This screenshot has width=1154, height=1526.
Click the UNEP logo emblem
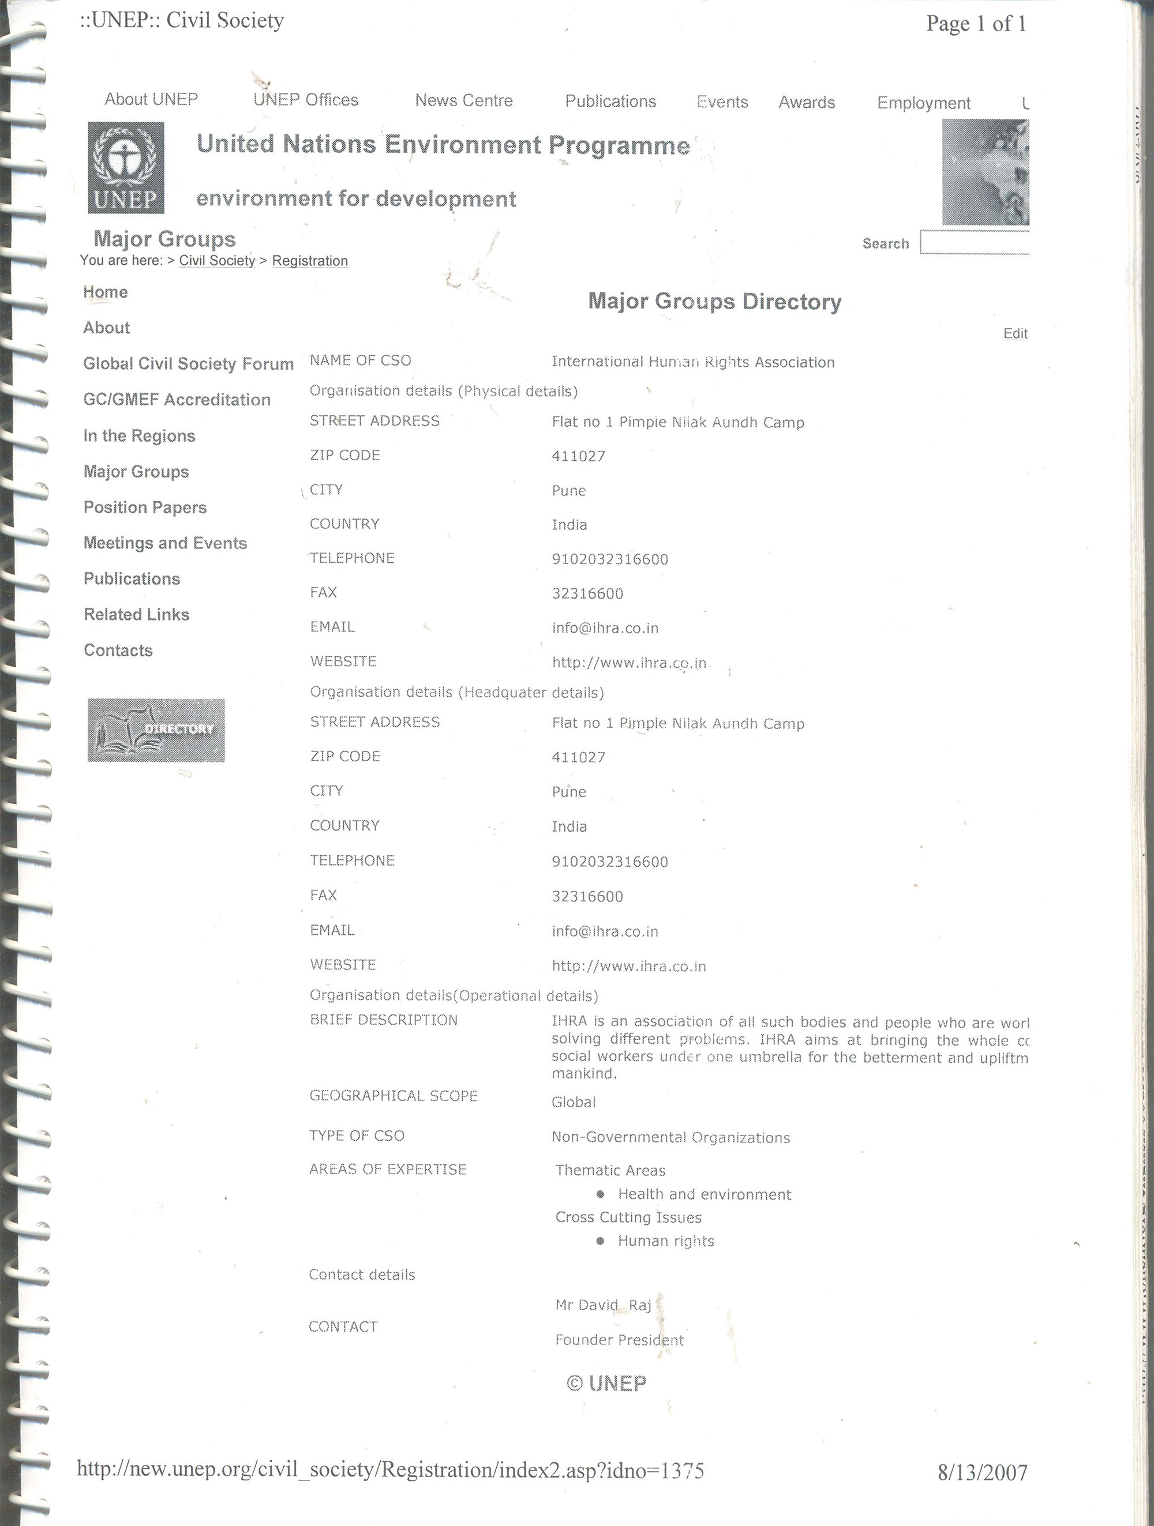(126, 168)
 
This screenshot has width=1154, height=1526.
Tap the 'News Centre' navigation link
(464, 101)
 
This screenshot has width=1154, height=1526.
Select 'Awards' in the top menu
(806, 103)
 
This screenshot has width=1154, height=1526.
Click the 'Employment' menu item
(923, 103)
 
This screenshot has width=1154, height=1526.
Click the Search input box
(975, 243)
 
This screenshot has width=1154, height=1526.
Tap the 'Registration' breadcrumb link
(310, 261)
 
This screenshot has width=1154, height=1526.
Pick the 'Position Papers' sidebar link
(145, 507)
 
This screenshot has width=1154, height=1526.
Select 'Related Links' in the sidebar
(136, 614)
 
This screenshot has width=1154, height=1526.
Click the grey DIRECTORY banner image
(156, 730)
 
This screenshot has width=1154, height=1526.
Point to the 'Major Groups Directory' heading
(714, 302)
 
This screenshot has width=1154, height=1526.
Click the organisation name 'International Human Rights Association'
(693, 362)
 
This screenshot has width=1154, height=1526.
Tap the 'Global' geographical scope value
(574, 1102)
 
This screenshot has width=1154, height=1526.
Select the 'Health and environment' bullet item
(704, 1194)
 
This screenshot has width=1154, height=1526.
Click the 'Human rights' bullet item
(665, 1241)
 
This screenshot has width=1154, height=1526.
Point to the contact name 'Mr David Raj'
(603, 1305)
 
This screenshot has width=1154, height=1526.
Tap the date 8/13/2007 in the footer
(981, 1473)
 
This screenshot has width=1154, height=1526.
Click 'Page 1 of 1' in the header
(976, 24)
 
